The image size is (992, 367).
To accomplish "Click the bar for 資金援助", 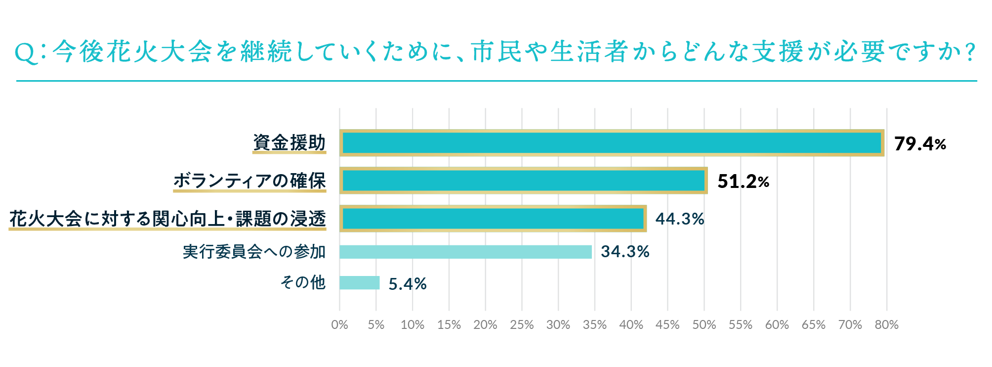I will coord(612,143).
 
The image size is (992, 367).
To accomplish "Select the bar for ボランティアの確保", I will coord(523,181).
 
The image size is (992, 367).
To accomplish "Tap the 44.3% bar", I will coord(493,219).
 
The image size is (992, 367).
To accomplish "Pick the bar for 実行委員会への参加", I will coord(465,252).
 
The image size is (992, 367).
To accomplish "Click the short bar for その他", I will coord(359,283).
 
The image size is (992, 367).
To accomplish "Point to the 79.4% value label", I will coord(920,144).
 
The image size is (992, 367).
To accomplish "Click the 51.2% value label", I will coord(743,182).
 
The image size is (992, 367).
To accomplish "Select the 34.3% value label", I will coord(625,252).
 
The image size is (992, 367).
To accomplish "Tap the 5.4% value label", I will coord(408,284).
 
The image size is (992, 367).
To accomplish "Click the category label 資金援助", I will coord(289,142).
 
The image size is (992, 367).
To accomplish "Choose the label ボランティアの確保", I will coord(249,181).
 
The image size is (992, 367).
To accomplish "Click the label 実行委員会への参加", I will coord(254,252).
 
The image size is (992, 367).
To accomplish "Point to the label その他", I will coord(303,282).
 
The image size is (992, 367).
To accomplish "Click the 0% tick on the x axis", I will coord(339,325).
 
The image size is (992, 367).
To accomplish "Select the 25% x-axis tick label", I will coord(522,325).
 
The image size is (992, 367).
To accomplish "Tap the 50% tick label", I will coord(704,325).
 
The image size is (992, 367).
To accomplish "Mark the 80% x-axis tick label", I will coord(886,325).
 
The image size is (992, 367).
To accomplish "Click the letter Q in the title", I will coord(26,53).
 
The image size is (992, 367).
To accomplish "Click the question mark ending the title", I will coord(970,52).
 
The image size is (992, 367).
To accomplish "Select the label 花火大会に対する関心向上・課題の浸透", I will coord(167,219).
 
